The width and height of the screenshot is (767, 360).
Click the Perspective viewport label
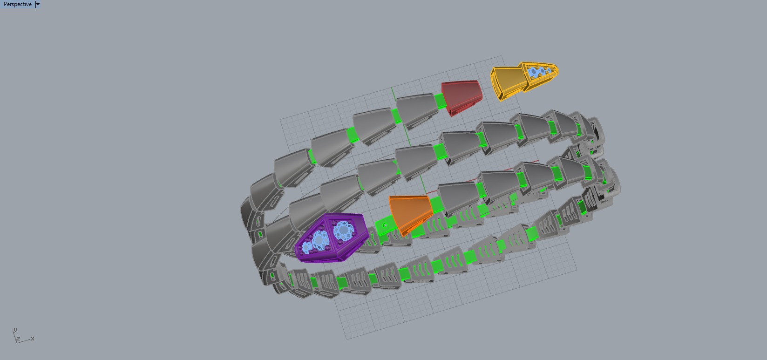pyautogui.click(x=18, y=4)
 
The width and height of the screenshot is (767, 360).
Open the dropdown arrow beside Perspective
pyautogui.click(x=38, y=4)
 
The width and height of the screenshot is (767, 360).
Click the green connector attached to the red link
pyautogui.click(x=439, y=100)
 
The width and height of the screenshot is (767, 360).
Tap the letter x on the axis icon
pyautogui.click(x=33, y=339)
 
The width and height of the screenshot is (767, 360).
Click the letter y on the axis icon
pyautogui.click(x=15, y=329)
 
